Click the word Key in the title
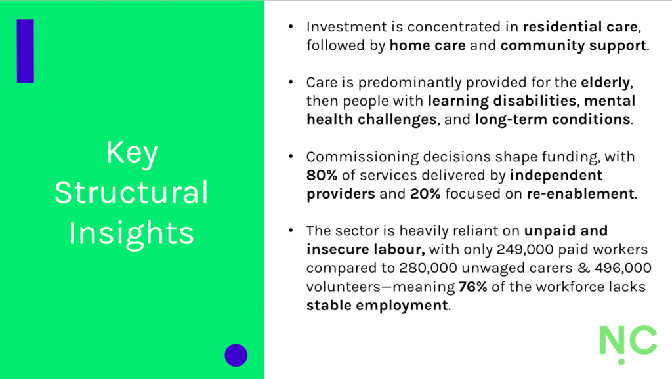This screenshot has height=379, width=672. pyautogui.click(x=132, y=153)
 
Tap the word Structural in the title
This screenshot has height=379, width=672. pyautogui.click(x=131, y=192)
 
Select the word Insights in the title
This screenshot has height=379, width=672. pyautogui.click(x=131, y=233)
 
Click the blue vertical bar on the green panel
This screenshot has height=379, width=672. pyautogui.click(x=26, y=50)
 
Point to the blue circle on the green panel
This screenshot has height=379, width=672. pyautogui.click(x=236, y=355)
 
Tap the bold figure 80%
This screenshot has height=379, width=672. pyautogui.click(x=322, y=175)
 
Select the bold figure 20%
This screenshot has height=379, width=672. pyautogui.click(x=425, y=194)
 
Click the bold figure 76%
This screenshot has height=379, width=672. pyautogui.click(x=472, y=287)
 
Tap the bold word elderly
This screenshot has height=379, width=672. pyautogui.click(x=605, y=82)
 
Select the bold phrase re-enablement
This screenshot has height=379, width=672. pyautogui.click(x=580, y=194)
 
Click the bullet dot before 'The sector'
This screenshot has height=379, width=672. pyautogui.click(x=291, y=230)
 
